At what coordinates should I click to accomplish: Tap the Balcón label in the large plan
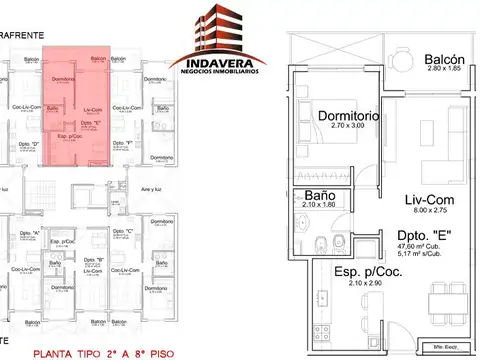446,59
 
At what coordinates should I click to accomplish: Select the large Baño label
319,195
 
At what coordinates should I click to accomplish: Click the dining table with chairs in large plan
447,296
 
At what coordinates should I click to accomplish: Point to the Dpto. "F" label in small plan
125,144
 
